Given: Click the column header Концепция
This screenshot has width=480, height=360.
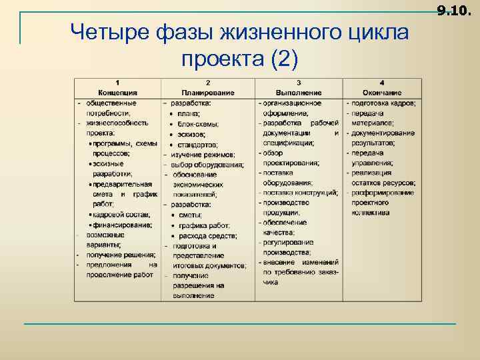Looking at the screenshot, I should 117,93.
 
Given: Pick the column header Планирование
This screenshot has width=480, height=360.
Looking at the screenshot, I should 208,93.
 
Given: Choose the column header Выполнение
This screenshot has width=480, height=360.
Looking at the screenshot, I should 299,93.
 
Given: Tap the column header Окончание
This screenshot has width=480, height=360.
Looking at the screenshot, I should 382,93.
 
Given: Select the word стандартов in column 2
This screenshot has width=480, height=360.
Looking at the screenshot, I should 198,144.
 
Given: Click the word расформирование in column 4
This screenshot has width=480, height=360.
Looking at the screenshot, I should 383,193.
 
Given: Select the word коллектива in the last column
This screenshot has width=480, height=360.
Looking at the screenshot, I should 371,213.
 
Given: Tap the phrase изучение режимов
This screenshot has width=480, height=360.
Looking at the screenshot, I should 202,154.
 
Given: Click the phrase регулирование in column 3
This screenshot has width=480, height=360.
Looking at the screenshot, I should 289,243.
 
